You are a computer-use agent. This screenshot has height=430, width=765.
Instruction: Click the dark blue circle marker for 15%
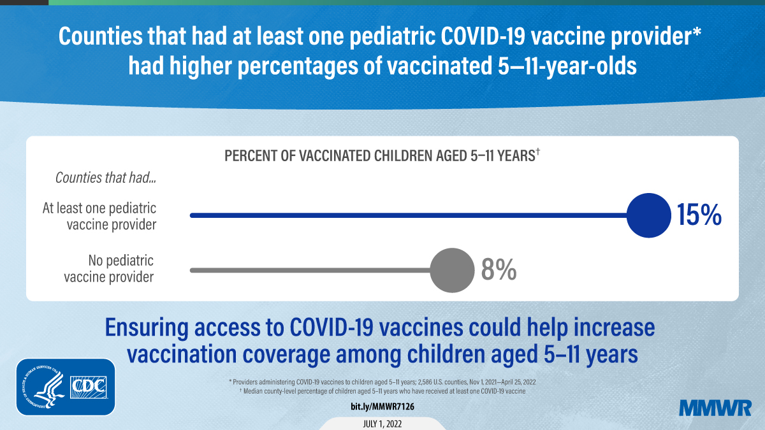(x=649, y=216)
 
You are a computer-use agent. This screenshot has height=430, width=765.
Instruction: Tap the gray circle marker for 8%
(x=452, y=271)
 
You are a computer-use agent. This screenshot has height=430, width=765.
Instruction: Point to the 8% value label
(x=499, y=271)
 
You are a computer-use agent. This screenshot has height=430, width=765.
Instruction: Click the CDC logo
(x=91, y=387)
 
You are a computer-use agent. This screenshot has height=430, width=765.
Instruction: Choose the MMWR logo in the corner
(x=715, y=408)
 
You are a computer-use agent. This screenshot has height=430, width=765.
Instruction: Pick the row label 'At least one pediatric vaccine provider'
(x=99, y=217)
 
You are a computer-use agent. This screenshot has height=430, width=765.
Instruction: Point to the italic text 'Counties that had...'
(x=106, y=178)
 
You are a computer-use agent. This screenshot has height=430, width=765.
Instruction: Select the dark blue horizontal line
(x=408, y=216)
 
